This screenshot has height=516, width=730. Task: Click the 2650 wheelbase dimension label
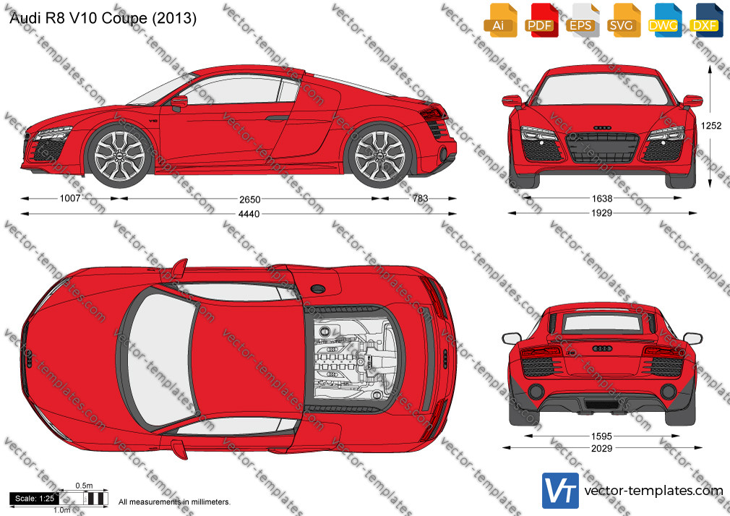(249, 199)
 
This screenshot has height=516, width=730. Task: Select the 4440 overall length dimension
(249, 214)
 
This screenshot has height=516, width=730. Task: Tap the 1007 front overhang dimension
(70, 199)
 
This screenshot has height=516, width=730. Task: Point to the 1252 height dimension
(711, 125)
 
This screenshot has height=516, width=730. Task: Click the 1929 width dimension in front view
(601, 212)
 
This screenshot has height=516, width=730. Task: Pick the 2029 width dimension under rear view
(601, 448)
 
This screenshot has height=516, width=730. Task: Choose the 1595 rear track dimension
(601, 437)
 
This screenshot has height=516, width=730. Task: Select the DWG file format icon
(665, 20)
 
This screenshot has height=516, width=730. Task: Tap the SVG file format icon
(624, 20)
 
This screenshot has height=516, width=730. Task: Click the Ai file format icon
(500, 20)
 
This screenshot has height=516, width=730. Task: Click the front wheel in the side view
(120, 155)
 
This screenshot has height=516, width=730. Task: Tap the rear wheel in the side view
(380, 155)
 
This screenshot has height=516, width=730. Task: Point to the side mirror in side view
(179, 103)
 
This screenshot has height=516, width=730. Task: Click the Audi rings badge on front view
(602, 128)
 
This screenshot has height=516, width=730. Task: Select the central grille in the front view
(602, 147)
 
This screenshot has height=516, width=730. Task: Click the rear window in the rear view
(601, 323)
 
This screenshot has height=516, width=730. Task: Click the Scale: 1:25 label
(35, 499)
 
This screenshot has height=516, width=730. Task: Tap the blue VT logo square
(560, 491)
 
